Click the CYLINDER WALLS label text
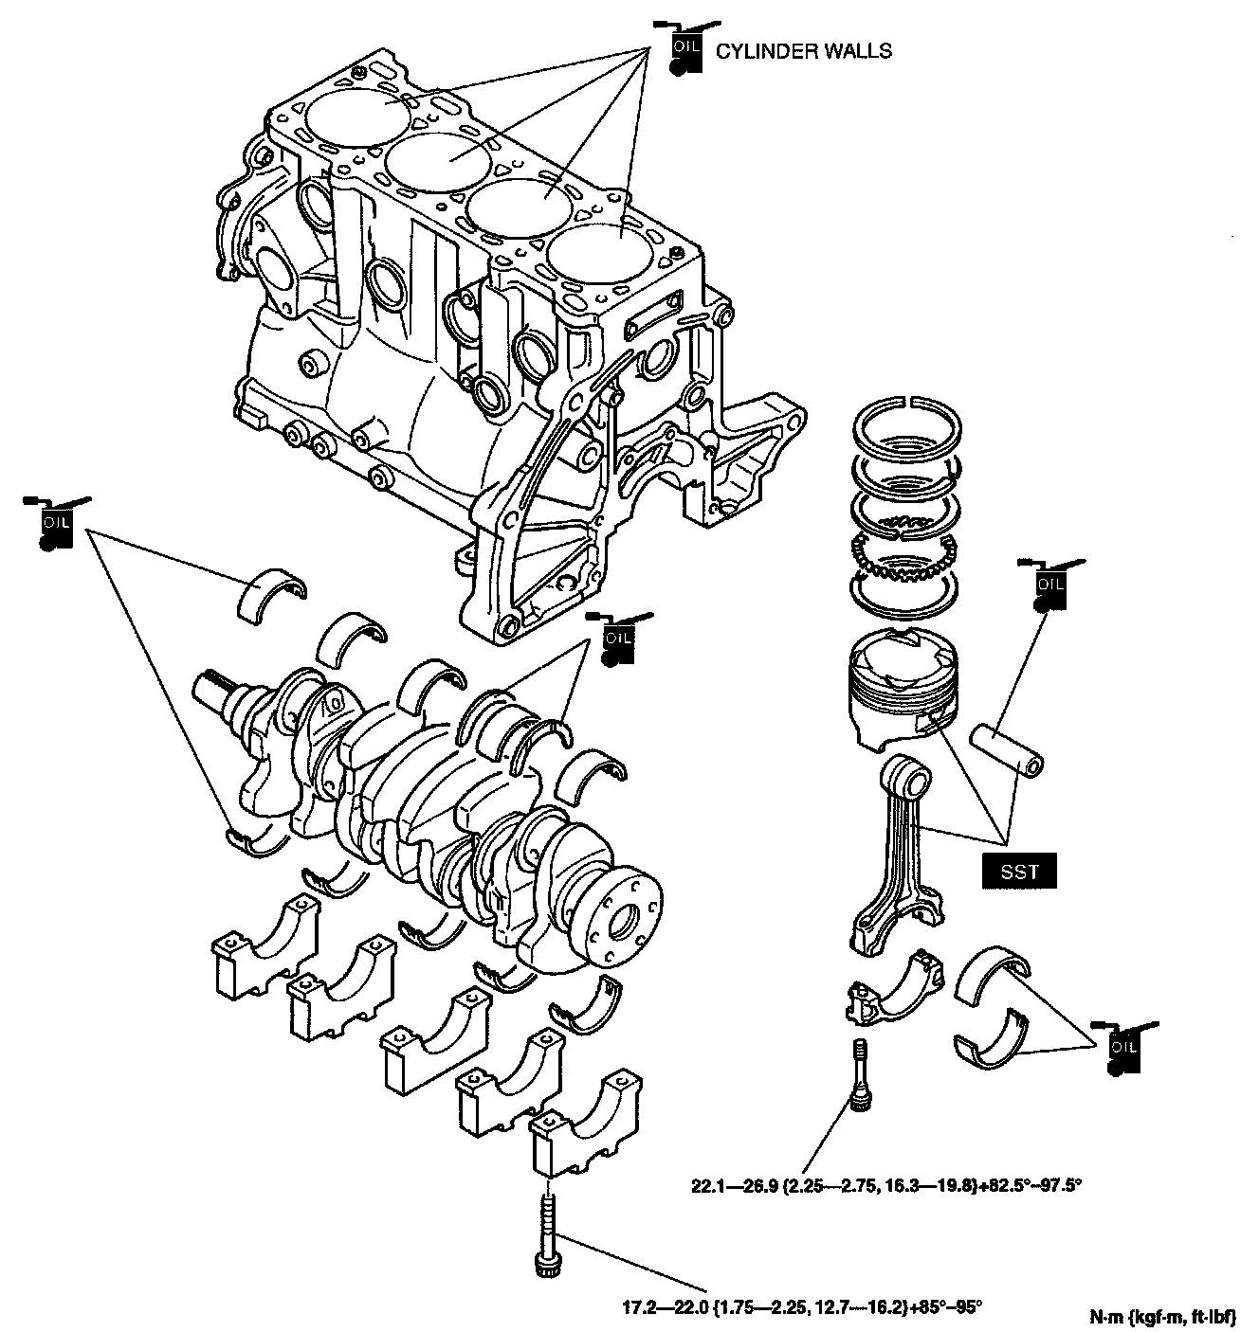[x=803, y=51]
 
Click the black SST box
[x=1019, y=873]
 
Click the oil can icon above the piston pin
[x=1049, y=585]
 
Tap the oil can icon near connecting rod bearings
[x=1121, y=1048]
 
